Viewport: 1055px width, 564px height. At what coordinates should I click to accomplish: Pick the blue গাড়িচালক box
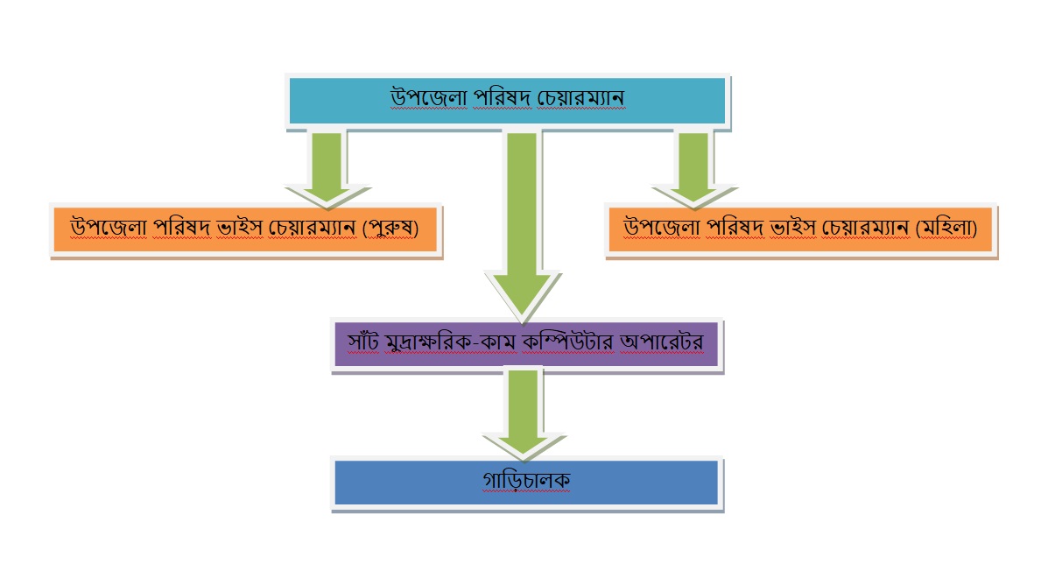click(x=526, y=482)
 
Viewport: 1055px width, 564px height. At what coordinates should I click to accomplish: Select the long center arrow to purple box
click(x=523, y=228)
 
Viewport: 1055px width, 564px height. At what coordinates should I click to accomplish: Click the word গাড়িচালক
click(x=525, y=482)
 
